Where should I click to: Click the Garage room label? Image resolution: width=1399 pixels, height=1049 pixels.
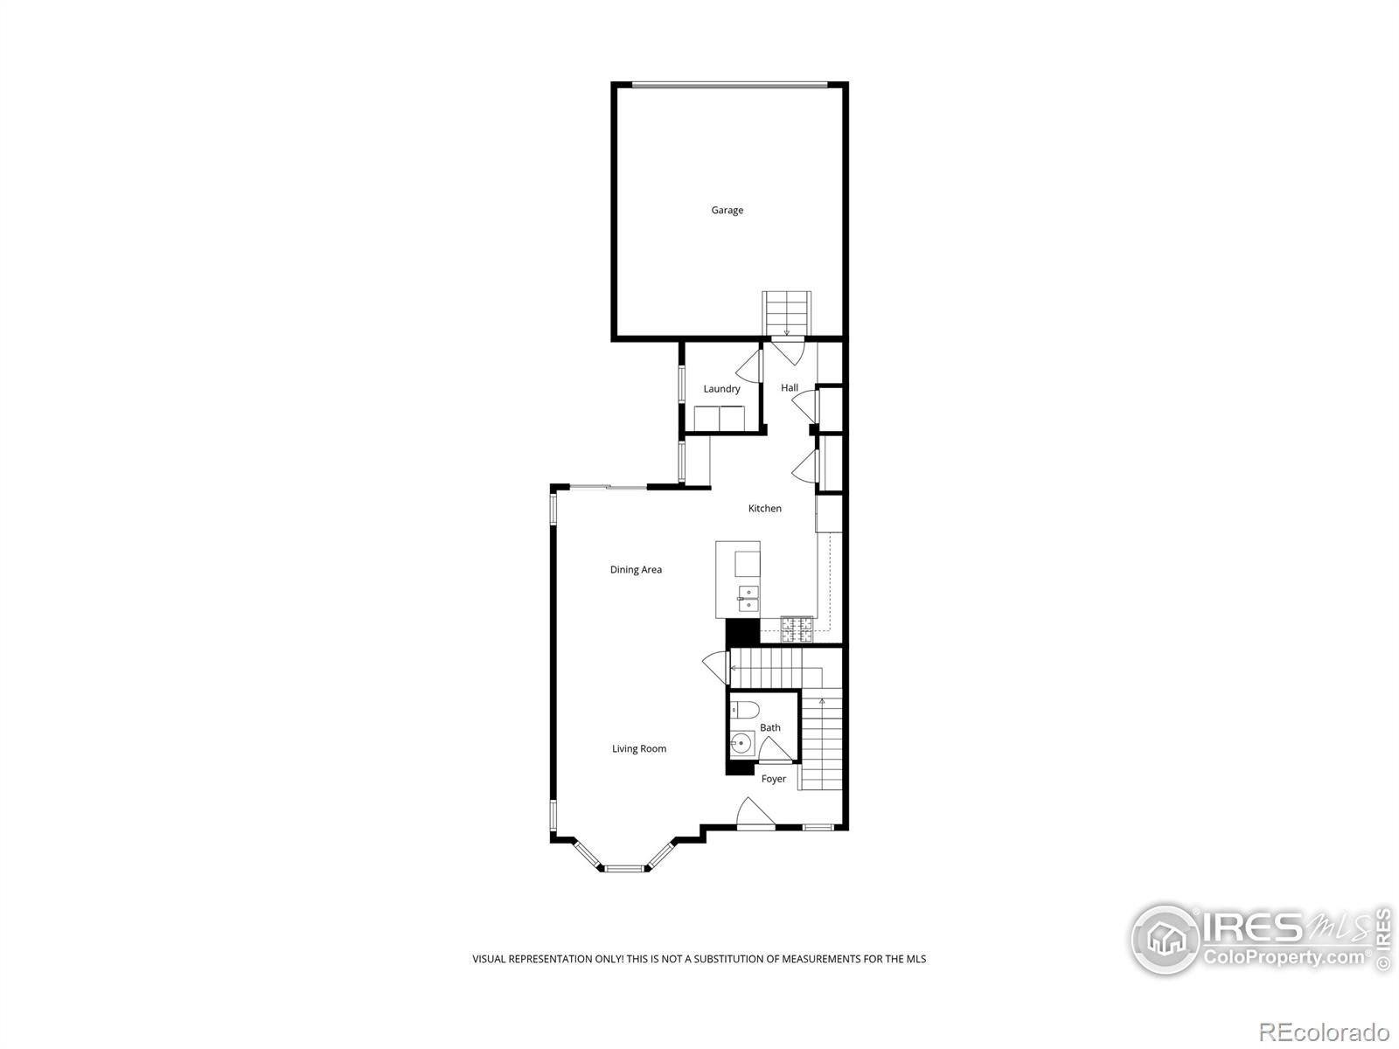727,210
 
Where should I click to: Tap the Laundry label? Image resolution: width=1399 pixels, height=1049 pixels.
721,389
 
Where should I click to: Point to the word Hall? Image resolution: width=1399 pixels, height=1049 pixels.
790,387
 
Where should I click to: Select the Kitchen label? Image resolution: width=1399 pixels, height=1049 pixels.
764,508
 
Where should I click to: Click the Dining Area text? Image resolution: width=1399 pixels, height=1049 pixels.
636,570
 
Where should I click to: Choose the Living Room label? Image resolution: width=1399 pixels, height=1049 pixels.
638,748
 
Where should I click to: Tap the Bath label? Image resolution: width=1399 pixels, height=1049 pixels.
769,727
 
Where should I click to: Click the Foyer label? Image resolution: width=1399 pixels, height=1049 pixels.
773,779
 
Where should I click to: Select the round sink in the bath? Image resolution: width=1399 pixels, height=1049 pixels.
742,744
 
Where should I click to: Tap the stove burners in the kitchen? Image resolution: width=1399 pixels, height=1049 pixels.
797,626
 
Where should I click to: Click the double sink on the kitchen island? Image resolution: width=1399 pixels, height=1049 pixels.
748,599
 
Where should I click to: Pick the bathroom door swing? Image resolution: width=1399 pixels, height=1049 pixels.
775,749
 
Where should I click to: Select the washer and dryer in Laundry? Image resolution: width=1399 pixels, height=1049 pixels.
719,418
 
